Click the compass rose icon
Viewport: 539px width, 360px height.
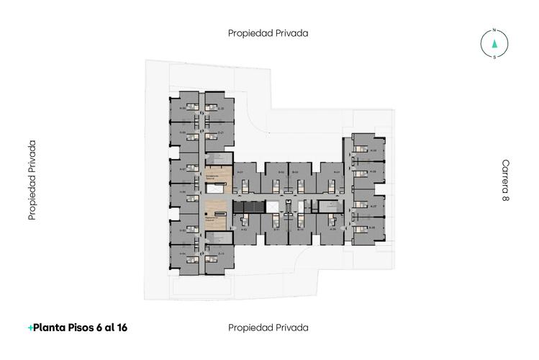click(494, 43)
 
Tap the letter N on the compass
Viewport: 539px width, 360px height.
click(494, 30)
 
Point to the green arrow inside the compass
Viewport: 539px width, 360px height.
click(494, 43)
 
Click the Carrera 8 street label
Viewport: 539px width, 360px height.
click(505, 180)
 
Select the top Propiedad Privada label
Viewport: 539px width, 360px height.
click(268, 33)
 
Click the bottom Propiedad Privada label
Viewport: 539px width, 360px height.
click(268, 328)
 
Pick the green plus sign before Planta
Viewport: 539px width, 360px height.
click(30, 328)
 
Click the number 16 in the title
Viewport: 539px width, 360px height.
click(121, 328)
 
